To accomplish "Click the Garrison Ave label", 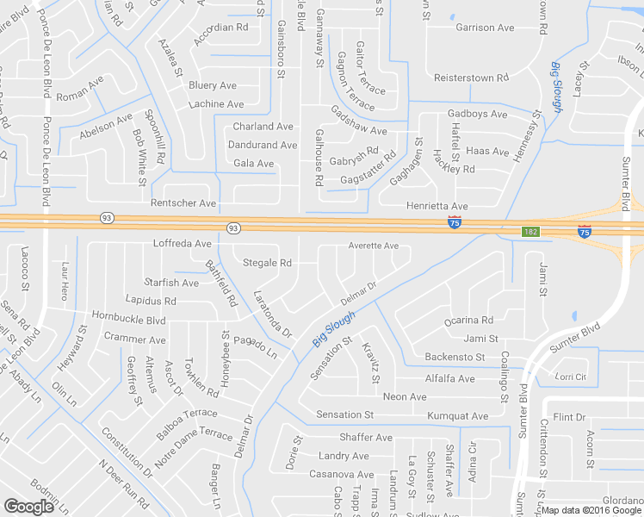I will pos(485,28).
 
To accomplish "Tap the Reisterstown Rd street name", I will pos(476,78).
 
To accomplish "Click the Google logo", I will pos(28,507).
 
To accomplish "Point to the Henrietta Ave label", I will pos(437,207).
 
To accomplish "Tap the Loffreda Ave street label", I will pos(182,244).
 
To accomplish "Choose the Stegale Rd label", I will pos(268,262).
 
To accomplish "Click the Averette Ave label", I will pos(373,246).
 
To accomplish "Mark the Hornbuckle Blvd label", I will pos(128,319).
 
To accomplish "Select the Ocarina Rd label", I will pos(468,320).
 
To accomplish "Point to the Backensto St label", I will pos(455,357).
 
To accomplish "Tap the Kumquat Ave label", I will pos(459,416).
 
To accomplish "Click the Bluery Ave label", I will pos(212,85).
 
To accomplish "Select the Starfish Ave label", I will pos(171,283).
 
